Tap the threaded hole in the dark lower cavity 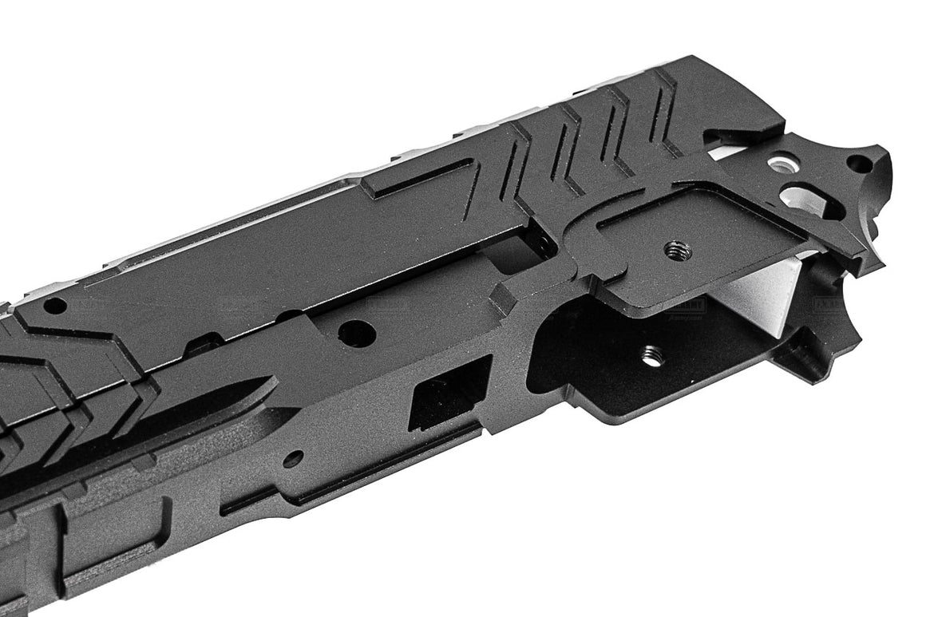tap(652, 355)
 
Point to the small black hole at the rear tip tap(858, 164)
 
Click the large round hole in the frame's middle tap(356, 333)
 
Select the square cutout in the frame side tap(449, 394)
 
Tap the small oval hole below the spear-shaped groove tap(292, 459)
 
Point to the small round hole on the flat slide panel tap(54, 306)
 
